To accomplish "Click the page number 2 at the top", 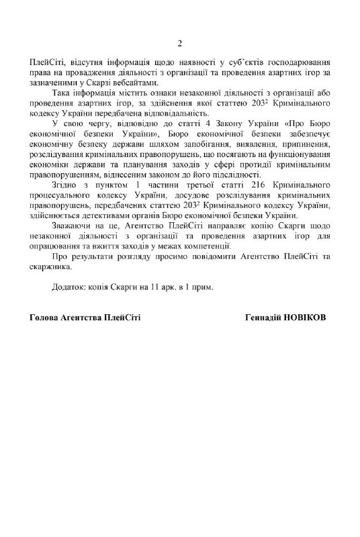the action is point(179,44).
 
